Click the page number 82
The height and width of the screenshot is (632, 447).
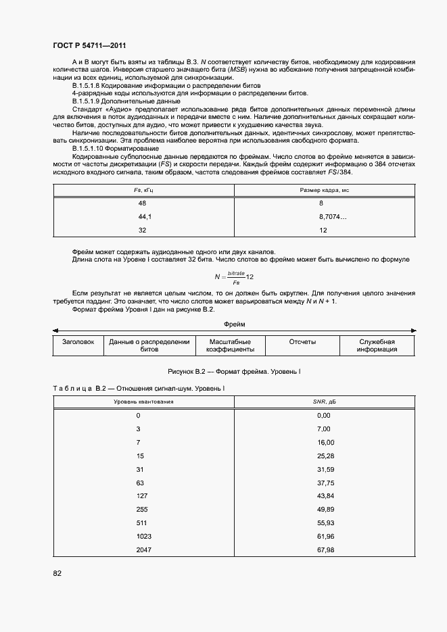[57, 573]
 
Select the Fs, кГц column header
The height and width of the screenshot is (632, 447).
[143, 191]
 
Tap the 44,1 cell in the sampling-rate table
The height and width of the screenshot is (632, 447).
[144, 216]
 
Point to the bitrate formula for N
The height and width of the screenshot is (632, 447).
[233, 276]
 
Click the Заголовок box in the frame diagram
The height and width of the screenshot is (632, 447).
[78, 342]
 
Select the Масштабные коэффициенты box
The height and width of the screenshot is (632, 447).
[230, 345]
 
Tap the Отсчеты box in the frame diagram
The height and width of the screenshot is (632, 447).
[302, 342]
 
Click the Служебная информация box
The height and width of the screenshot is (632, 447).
[377, 345]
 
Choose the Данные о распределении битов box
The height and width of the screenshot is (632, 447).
[149, 345]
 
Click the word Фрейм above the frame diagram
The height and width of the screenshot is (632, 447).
[234, 324]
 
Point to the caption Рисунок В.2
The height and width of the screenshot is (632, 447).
[233, 372]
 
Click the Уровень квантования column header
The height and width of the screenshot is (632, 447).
[143, 402]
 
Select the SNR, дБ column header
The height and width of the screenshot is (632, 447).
[324, 402]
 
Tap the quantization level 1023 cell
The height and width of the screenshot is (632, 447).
[143, 536]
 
